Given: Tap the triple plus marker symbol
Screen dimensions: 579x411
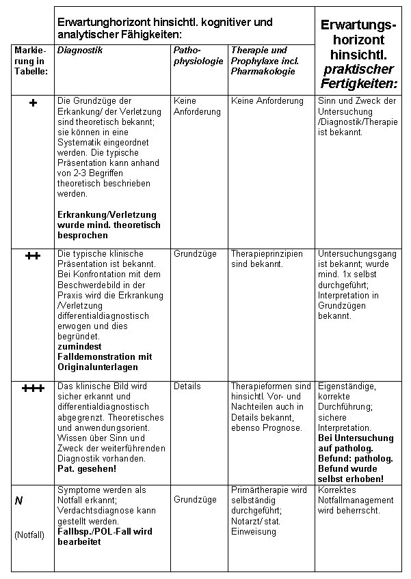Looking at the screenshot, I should tap(33, 389).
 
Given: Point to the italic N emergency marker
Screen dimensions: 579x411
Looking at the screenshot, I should tap(19, 500).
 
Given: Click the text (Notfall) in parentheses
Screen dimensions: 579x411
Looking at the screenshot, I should tap(29, 535).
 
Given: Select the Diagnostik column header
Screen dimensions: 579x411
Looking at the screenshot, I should tap(80, 51).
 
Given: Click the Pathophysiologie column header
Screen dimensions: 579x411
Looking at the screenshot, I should tap(198, 56).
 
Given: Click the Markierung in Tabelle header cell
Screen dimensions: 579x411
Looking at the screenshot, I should tap(31, 61).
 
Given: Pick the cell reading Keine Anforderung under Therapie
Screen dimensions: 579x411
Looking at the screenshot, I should tap(267, 101).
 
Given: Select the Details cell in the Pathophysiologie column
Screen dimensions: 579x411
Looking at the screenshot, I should tap(187, 386).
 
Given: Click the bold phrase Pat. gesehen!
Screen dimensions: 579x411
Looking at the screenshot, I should tap(87, 470).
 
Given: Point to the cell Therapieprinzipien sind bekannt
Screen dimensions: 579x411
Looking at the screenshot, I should tap(267, 259).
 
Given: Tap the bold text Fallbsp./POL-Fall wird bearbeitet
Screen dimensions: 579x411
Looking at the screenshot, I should tap(105, 536).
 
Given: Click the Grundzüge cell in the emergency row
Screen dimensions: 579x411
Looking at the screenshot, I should tap(195, 500).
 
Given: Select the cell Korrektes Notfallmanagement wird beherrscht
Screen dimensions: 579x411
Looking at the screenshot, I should tap(355, 500).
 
